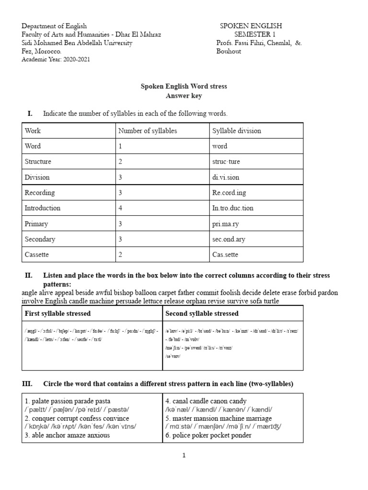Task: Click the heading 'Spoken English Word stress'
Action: pyautogui.click(x=184, y=87)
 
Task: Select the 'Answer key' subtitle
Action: pyautogui.click(x=184, y=96)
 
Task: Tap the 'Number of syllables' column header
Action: pyautogui.click(x=147, y=131)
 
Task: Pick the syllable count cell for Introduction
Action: pyautogui.click(x=121, y=208)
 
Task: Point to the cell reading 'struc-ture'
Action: pyautogui.click(x=226, y=162)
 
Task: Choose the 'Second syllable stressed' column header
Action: pyautogui.click(x=202, y=313)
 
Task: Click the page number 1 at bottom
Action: pyautogui.click(x=184, y=455)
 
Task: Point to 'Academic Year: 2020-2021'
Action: pyautogui.click(x=56, y=59)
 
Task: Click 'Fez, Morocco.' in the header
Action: pyautogui.click(x=42, y=51)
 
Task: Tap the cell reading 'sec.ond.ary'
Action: pyautogui.click(x=230, y=239)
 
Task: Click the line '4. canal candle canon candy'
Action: pyautogui.click(x=206, y=401)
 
